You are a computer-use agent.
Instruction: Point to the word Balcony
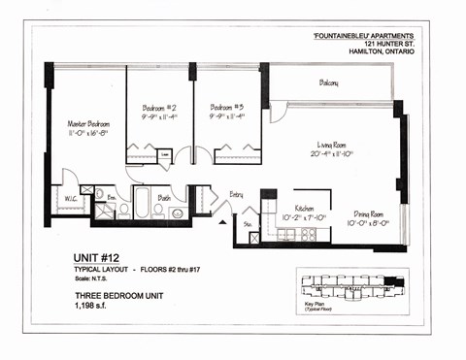[x=328, y=83]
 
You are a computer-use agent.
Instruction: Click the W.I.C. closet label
[x=71, y=200]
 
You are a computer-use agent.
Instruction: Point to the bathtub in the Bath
[x=142, y=205]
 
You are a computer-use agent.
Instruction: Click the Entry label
[x=236, y=195]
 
